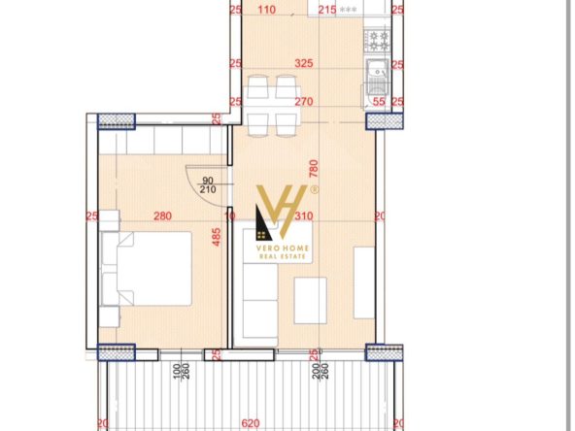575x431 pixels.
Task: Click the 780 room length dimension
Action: (x=314, y=169)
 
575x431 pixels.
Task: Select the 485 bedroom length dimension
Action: (x=217, y=237)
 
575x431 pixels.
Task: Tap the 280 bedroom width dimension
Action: (x=162, y=215)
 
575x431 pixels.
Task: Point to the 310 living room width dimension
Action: (x=304, y=215)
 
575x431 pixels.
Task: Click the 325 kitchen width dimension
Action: (x=304, y=63)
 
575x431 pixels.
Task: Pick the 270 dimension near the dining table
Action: (x=304, y=101)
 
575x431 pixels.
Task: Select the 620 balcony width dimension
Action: (x=251, y=423)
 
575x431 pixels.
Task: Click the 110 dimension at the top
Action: (x=266, y=10)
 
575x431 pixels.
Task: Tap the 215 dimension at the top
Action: (x=327, y=10)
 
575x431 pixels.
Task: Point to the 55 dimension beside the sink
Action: (x=379, y=102)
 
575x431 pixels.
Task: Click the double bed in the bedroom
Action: (x=147, y=269)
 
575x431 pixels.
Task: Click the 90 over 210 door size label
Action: (x=208, y=185)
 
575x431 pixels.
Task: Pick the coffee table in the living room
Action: (x=310, y=301)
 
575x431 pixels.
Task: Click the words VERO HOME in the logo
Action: (x=283, y=249)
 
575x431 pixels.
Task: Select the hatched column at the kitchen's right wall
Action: (x=385, y=121)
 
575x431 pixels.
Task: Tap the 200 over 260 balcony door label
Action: (x=320, y=371)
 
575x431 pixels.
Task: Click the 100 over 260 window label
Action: (x=181, y=371)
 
